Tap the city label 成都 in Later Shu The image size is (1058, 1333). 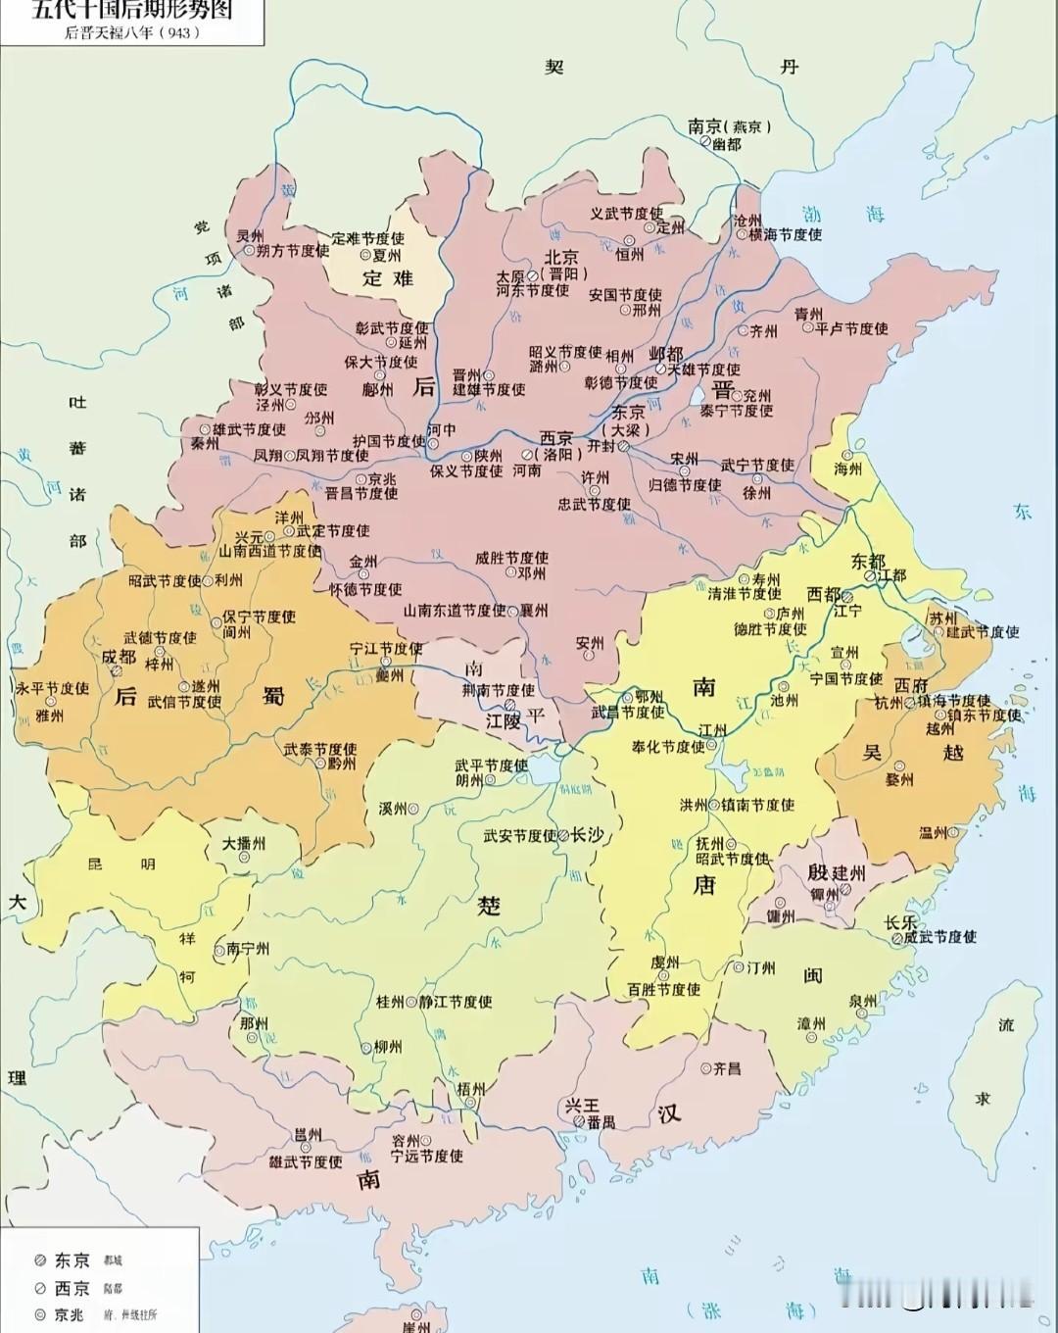click(x=119, y=656)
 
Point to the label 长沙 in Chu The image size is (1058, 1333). click(x=587, y=834)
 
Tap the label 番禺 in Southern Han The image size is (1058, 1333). click(x=601, y=1121)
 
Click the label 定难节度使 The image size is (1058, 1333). click(x=368, y=238)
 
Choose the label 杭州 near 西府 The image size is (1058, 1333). click(x=890, y=703)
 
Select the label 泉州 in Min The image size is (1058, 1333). click(x=863, y=1001)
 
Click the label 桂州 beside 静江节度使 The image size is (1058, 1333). click(x=390, y=1002)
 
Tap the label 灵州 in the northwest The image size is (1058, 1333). click(x=250, y=236)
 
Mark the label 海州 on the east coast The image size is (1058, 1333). click(x=848, y=469)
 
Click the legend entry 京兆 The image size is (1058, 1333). click(x=72, y=1314)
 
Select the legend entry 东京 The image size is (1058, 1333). click(x=72, y=1260)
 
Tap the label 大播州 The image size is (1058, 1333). click(x=244, y=842)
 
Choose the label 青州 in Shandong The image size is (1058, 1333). click(x=808, y=313)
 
